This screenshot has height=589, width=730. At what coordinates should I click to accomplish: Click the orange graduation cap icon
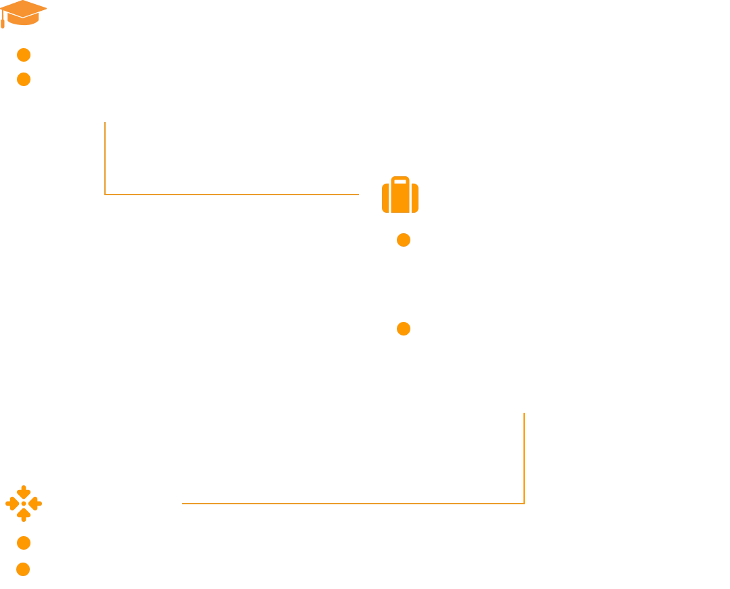pyautogui.click(x=22, y=14)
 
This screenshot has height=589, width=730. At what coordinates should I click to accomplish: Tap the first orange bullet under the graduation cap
pyautogui.click(x=24, y=55)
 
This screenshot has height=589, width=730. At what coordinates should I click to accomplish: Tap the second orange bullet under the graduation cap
pyautogui.click(x=24, y=79)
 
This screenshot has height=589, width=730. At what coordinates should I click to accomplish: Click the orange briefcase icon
pyautogui.click(x=401, y=196)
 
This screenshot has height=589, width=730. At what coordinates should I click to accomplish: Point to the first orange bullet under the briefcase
pyautogui.click(x=404, y=240)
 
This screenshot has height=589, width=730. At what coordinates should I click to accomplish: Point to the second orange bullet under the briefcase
pyautogui.click(x=404, y=328)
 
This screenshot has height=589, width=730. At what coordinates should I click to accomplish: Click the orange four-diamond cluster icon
pyautogui.click(x=24, y=504)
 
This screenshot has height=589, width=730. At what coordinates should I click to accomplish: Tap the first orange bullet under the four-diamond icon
pyautogui.click(x=24, y=543)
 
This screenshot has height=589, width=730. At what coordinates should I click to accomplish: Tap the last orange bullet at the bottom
pyautogui.click(x=24, y=569)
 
